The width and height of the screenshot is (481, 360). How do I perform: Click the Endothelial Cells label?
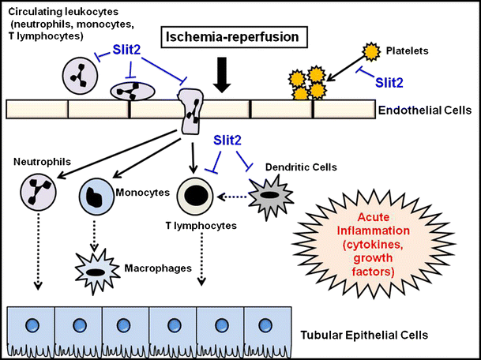[x=431, y=111]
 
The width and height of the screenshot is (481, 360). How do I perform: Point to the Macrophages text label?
[x=158, y=268]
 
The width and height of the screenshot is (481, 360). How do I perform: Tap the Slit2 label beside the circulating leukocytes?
[x=130, y=49]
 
